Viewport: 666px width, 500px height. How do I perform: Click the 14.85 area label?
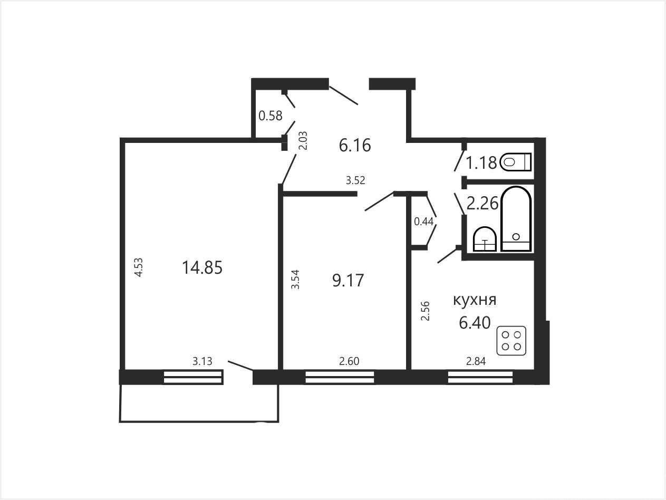point(202,267)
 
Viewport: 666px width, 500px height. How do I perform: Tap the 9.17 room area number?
point(348,281)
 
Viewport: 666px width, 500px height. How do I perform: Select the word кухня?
point(475,300)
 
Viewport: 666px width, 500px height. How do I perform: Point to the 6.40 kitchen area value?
point(475,322)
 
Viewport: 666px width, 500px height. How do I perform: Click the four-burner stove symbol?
point(511,341)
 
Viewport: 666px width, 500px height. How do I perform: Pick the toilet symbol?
point(516,162)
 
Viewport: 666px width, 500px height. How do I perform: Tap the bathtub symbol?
point(516,219)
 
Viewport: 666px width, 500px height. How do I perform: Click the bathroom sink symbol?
point(485,239)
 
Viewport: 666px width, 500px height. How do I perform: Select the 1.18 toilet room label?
point(481,162)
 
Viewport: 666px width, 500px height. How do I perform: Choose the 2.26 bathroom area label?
point(482,203)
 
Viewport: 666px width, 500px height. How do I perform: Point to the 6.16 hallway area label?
point(355,146)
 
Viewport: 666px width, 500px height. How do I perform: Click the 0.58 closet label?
point(271,116)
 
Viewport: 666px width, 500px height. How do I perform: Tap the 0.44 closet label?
point(423,222)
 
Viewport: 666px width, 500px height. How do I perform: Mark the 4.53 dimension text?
point(139,267)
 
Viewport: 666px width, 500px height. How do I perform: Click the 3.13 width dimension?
point(202,361)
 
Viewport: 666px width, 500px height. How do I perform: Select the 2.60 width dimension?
point(349,361)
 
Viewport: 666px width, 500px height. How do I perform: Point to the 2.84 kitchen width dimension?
point(476,361)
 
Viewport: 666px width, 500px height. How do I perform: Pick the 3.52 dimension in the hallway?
point(355,180)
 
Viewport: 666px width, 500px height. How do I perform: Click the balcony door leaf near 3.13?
point(240,366)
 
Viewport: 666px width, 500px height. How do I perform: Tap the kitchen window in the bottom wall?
point(480,377)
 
